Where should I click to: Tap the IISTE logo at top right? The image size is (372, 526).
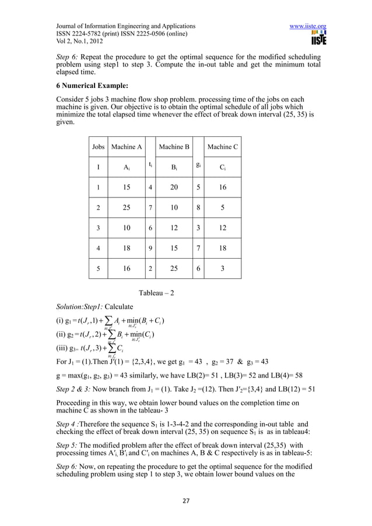(318, 40)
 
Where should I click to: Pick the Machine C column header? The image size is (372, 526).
(223, 147)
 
